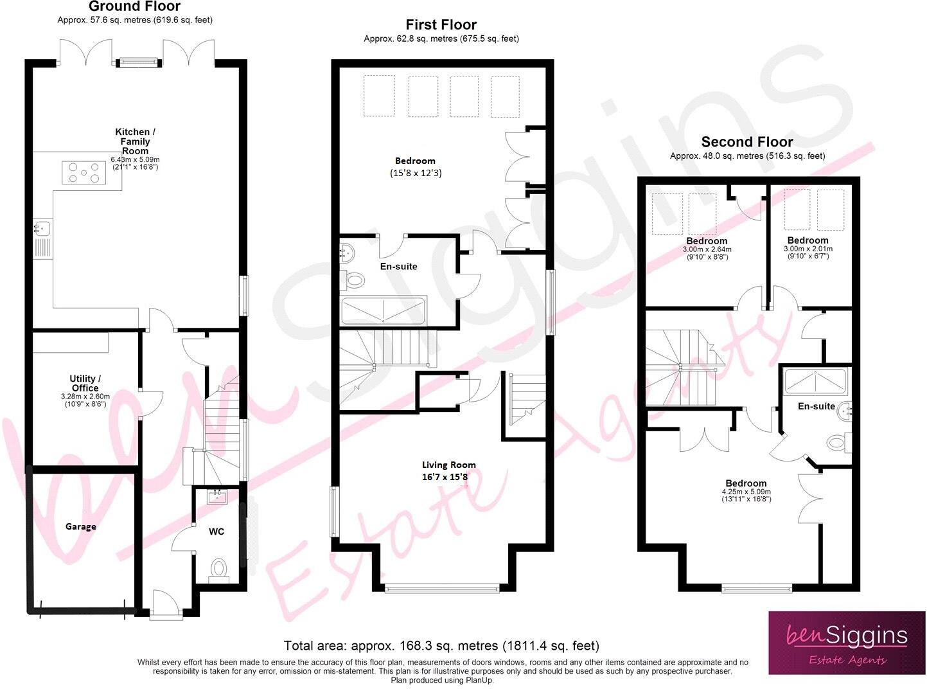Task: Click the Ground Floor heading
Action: [x=134, y=7]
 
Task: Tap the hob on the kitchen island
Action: [x=84, y=173]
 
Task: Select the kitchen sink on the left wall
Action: [x=42, y=228]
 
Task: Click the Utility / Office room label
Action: [x=85, y=383]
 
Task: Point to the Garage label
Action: [x=81, y=526]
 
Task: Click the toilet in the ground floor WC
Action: [x=219, y=570]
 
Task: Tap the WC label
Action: [x=216, y=532]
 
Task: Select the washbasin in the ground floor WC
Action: [x=216, y=496]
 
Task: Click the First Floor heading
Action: [x=441, y=25]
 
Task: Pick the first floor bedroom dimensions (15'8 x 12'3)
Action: [x=416, y=173]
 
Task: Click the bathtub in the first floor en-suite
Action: [x=384, y=311]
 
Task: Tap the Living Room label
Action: [x=448, y=465]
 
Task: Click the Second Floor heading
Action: [x=746, y=142]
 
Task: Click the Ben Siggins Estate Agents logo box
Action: [x=846, y=642]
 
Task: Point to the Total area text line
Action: [x=441, y=645]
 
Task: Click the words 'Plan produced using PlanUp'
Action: [x=442, y=680]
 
